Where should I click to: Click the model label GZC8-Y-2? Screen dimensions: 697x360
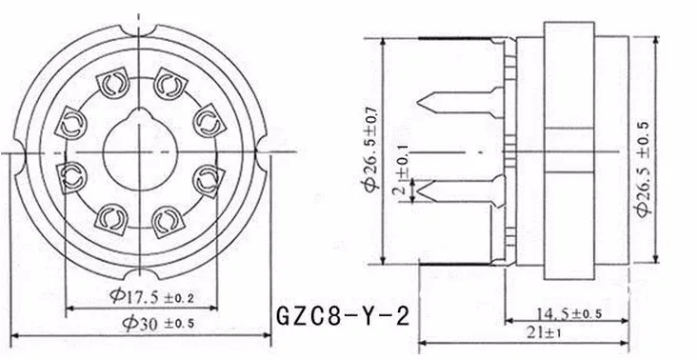point(342,317)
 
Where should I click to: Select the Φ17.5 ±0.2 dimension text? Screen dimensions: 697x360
point(152,296)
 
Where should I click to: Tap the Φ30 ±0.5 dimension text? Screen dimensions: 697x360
point(159,324)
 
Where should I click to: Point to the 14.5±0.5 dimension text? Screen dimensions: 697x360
point(568,313)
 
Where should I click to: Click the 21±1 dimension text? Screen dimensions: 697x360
point(544,333)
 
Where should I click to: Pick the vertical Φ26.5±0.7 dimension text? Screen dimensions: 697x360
point(371,150)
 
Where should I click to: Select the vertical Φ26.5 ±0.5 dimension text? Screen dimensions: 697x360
point(644,170)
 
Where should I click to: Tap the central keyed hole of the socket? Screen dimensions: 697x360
point(140,149)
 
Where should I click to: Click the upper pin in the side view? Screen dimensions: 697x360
point(461,103)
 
